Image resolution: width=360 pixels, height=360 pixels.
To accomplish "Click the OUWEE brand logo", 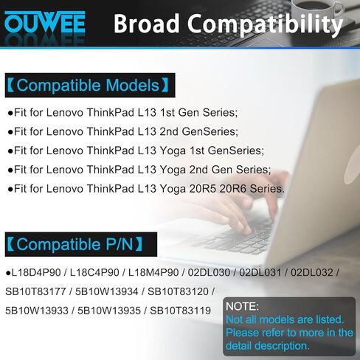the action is [x=45, y=23].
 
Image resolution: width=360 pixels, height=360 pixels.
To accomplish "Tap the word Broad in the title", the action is [x=147, y=24].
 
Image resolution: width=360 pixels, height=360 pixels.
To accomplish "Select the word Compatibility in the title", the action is [x=265, y=24].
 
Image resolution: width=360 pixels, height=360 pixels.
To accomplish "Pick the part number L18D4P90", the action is [x=36, y=272].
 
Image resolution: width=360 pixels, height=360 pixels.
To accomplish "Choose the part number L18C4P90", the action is [x=94, y=272].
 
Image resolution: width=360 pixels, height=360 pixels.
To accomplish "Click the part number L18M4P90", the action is [x=153, y=272].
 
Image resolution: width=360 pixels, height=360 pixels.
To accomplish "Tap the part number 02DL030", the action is [x=209, y=272].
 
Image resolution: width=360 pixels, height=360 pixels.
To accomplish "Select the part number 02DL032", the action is [x=312, y=272].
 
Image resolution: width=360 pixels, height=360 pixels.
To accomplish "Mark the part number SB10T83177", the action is [x=35, y=291].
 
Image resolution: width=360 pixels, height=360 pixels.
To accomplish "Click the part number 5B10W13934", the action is [x=107, y=291].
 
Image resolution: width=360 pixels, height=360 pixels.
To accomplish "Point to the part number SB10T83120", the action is [x=178, y=291].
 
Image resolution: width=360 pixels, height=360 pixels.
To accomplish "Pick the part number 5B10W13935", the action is [x=109, y=311].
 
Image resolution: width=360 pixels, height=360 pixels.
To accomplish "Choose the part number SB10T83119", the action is [x=181, y=311].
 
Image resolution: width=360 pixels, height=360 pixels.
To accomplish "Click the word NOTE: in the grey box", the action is [x=242, y=306].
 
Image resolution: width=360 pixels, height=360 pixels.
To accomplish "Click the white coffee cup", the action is [x=317, y=10].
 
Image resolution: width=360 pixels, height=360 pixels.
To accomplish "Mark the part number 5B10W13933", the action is [x=37, y=311].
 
